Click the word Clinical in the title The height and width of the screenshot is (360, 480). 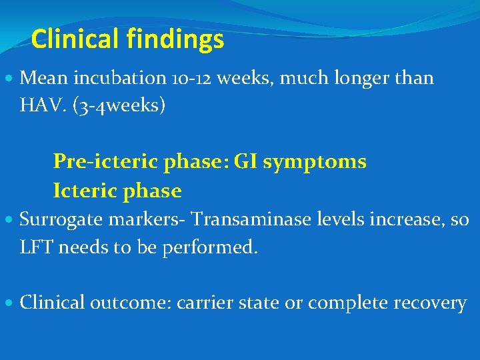(x=73, y=40)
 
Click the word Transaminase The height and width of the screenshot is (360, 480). (x=245, y=219)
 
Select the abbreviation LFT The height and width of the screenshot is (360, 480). (x=37, y=247)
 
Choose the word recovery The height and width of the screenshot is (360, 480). (x=430, y=303)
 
